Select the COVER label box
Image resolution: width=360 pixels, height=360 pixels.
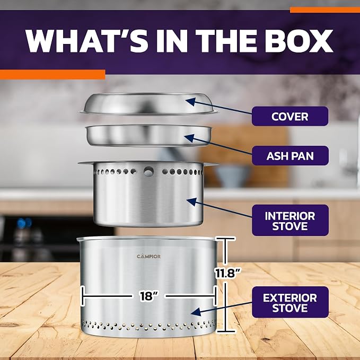point(289,116)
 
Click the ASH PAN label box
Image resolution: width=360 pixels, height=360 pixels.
point(290,156)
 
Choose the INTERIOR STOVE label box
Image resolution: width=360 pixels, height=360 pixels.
point(290,221)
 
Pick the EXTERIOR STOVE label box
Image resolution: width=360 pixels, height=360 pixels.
point(290,302)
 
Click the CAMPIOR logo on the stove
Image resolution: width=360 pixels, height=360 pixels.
point(149,257)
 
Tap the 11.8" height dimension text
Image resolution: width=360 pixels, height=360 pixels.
point(227,273)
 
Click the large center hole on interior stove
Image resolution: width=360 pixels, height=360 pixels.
point(148,171)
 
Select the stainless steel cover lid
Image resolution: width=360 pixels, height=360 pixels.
point(148,104)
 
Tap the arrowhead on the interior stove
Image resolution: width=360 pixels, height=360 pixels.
point(192,201)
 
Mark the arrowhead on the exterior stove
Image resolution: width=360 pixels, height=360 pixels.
point(196,312)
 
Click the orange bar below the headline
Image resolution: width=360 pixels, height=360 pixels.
point(52,75)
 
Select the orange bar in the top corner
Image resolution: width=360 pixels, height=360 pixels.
point(325,10)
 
